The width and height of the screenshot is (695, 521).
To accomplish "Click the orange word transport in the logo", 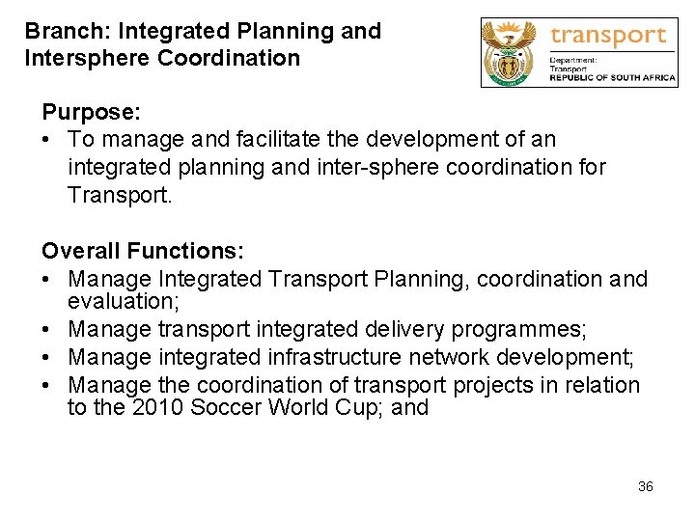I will tap(608, 37).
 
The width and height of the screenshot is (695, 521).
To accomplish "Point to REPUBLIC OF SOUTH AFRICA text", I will tap(613, 79).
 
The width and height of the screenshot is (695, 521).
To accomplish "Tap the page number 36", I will tap(646, 486).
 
